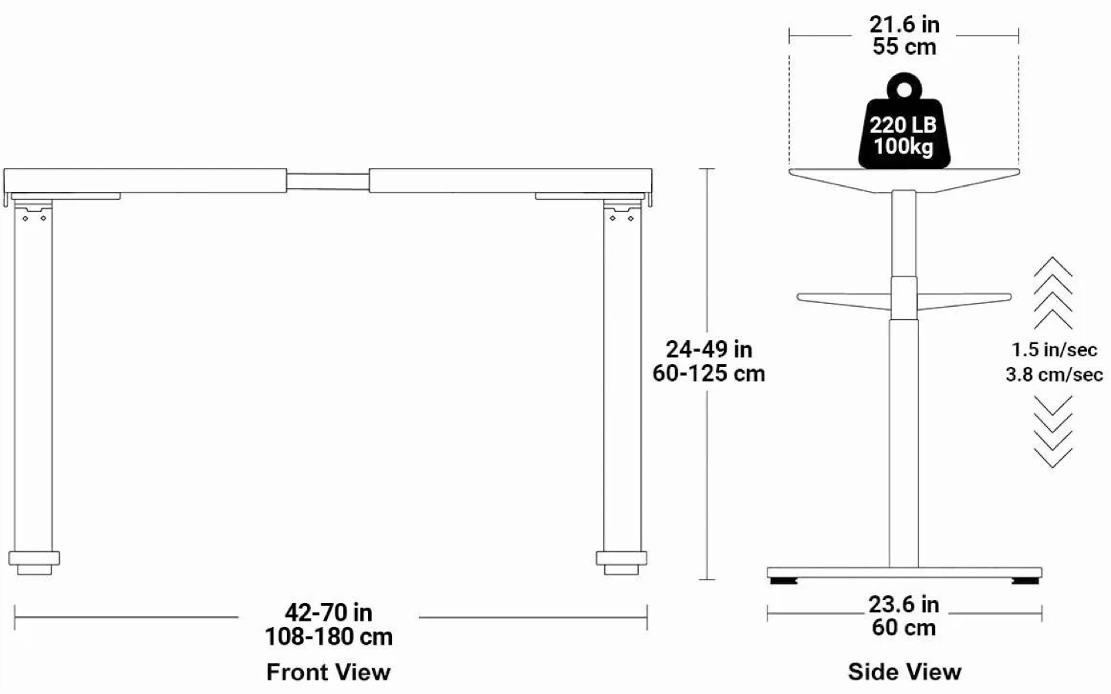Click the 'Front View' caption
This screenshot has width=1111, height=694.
[329, 672]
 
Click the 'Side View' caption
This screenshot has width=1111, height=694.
[904, 672]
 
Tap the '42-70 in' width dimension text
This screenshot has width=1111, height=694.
[329, 613]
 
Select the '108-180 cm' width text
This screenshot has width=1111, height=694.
[329, 636]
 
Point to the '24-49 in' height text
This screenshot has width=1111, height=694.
[709, 349]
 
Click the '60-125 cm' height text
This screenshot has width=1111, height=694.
[709, 373]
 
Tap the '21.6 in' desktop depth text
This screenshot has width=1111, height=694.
[904, 25]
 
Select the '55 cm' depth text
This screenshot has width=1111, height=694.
[904, 46]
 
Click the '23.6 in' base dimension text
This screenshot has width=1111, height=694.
[903, 605]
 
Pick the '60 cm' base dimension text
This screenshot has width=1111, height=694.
[903, 628]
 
